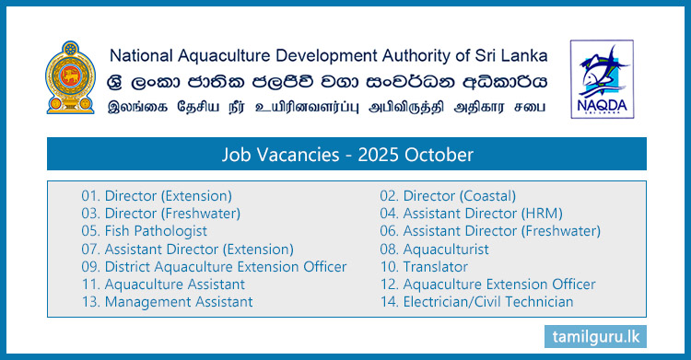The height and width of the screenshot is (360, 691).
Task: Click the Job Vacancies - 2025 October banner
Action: click(x=345, y=154)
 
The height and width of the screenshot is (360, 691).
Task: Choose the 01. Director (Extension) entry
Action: click(x=156, y=195)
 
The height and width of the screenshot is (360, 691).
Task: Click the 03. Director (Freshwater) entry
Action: click(x=159, y=213)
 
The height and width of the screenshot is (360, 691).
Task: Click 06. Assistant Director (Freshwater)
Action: click(x=490, y=231)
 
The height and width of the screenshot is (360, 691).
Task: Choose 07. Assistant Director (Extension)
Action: click(x=187, y=249)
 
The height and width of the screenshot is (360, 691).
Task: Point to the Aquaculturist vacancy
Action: click(x=434, y=249)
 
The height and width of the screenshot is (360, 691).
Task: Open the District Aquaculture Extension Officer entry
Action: click(x=214, y=266)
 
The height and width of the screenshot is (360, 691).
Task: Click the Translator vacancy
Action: click(x=423, y=266)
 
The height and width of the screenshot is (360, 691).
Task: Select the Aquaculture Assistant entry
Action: click(x=162, y=284)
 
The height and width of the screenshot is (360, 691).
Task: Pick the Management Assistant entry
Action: click(x=167, y=301)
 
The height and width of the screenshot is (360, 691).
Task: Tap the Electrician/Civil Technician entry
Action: click(x=476, y=301)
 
